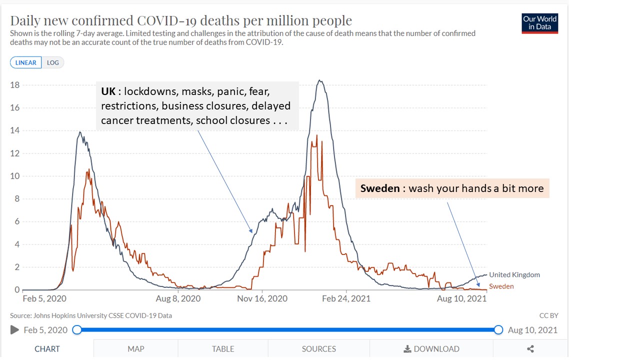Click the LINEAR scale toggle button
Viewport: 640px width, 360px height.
click(26, 62)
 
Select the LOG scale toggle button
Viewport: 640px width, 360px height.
click(52, 62)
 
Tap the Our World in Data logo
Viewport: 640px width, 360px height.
click(539, 23)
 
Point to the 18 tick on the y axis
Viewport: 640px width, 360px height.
click(15, 85)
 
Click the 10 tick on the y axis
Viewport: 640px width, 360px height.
click(15, 176)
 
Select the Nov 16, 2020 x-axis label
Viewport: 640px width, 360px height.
click(262, 298)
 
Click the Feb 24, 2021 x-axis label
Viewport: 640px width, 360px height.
click(346, 298)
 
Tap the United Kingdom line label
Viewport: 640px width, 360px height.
click(514, 274)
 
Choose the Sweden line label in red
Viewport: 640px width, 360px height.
click(501, 286)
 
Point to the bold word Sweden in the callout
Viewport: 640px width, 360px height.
click(380, 188)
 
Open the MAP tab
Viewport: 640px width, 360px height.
click(135, 349)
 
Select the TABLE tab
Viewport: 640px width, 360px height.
click(223, 349)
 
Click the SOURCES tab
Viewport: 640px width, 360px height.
click(319, 349)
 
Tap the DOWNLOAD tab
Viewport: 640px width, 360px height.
click(431, 349)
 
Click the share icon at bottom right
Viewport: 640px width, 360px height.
click(530, 349)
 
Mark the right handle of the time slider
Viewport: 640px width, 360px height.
click(498, 329)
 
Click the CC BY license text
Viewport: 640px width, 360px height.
click(548, 315)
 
